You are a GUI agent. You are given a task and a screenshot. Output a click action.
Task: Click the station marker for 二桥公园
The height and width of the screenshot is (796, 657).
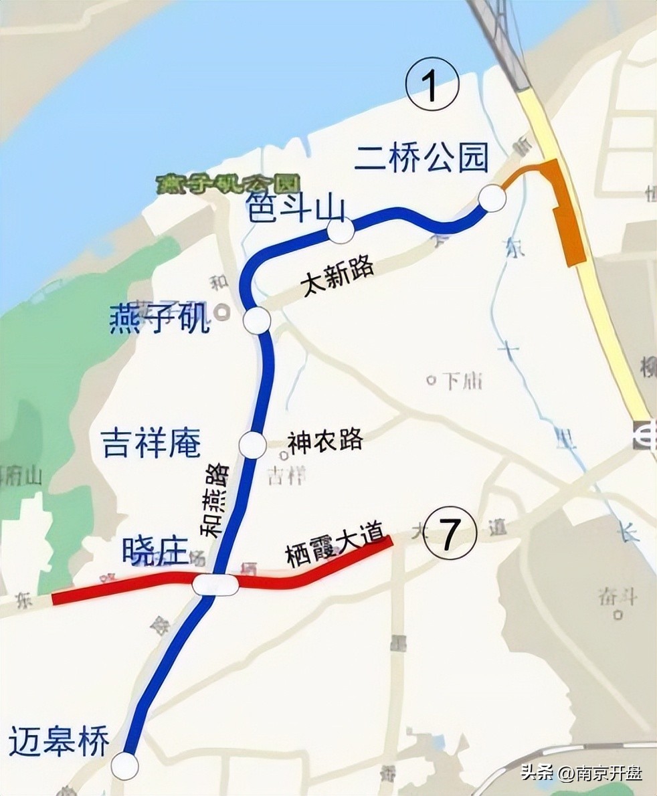pyautogui.click(x=492, y=199)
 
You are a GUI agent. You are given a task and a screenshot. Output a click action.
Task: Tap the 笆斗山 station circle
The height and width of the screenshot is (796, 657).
pyautogui.click(x=340, y=231)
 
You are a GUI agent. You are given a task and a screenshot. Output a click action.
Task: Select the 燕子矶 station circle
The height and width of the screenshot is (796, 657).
pyautogui.click(x=257, y=321)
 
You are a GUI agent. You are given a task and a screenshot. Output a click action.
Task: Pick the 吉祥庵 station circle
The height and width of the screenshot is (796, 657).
pyautogui.click(x=252, y=445)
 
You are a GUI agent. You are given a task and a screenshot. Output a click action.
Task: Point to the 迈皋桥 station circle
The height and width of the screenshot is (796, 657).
pyautogui.click(x=124, y=765)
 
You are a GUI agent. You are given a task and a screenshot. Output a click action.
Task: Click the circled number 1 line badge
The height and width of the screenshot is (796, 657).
pyautogui.click(x=432, y=87)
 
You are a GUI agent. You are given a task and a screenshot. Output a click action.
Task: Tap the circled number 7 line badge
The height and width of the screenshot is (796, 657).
pyautogui.click(x=450, y=533)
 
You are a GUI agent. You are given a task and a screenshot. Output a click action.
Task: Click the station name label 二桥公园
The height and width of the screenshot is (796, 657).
pyautogui.click(x=421, y=159)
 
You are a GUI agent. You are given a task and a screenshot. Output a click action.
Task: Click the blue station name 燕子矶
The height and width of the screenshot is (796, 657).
pyautogui.click(x=159, y=319)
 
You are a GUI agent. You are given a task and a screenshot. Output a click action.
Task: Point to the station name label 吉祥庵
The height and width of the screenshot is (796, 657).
pyautogui.click(x=151, y=443)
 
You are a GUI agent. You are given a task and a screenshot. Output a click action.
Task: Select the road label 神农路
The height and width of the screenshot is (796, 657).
pyautogui.click(x=325, y=441)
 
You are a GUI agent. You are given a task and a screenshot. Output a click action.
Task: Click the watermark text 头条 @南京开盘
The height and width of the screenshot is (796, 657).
pyautogui.click(x=581, y=774)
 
